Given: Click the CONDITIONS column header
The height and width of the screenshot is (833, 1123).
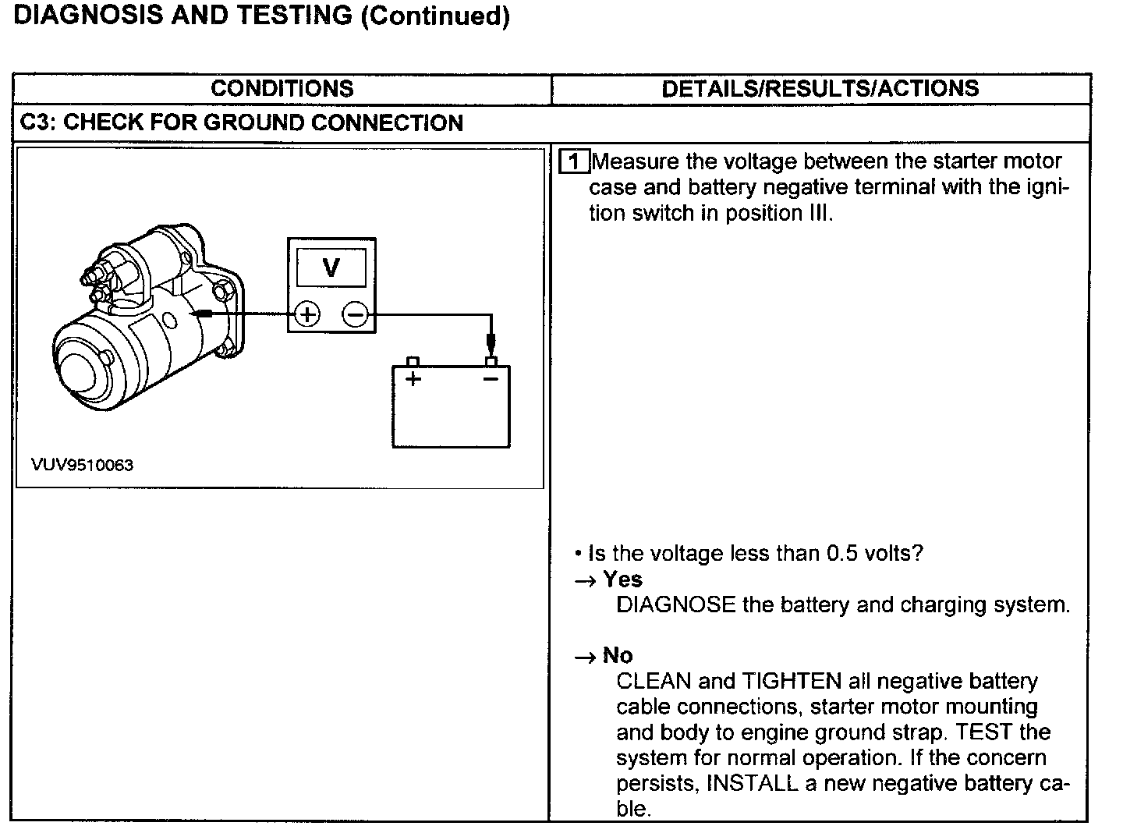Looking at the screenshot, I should point(282,89).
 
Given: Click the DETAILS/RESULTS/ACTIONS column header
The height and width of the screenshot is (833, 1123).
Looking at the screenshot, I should point(820,89).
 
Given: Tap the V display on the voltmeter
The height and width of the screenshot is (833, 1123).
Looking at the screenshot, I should point(331,268).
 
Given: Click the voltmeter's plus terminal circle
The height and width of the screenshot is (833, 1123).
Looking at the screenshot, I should point(307,314).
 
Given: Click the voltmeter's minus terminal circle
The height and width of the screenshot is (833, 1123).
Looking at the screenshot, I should point(355,314).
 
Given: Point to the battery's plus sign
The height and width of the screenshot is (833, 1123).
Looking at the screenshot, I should point(413,379).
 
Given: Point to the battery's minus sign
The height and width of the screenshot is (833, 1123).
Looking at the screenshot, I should point(490,379).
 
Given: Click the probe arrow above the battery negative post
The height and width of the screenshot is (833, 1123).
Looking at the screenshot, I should point(491,341).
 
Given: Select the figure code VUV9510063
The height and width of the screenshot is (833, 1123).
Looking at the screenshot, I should point(82,466).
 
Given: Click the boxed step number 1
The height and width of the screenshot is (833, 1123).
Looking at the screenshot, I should point(575,161).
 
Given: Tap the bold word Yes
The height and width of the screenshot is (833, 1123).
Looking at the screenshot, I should point(622,580).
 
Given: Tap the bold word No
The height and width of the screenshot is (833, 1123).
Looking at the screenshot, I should point(618,655).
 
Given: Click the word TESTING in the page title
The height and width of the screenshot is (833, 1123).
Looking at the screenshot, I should point(293,16).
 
